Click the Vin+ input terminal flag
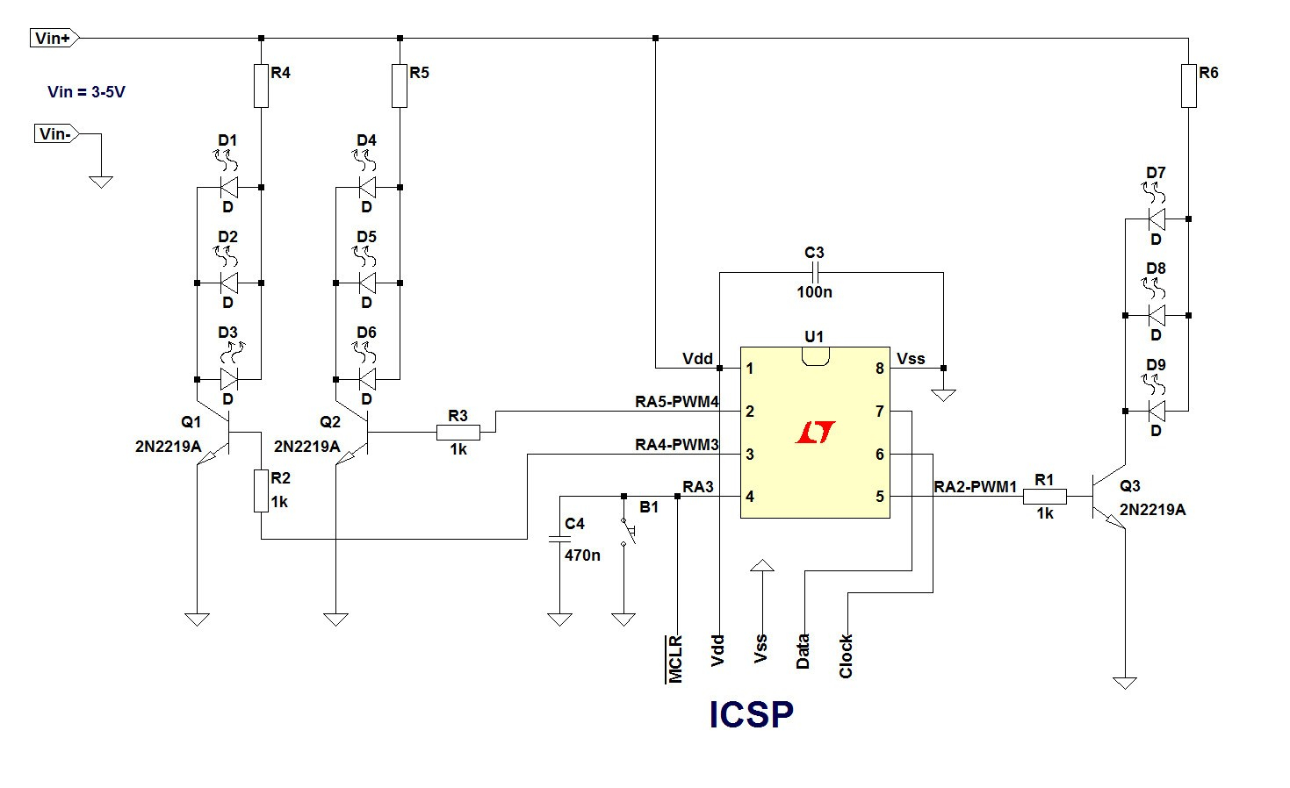(x=54, y=38)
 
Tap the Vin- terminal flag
(x=56, y=133)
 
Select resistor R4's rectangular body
(x=262, y=86)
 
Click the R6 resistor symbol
(x=1189, y=86)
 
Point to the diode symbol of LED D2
(x=229, y=283)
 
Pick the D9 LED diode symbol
(x=1157, y=411)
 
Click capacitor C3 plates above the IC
(x=815, y=272)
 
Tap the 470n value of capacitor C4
(x=582, y=555)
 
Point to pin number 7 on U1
(x=879, y=412)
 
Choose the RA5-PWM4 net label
(x=677, y=402)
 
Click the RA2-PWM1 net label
(x=975, y=487)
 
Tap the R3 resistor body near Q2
(x=458, y=433)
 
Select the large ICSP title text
(x=752, y=715)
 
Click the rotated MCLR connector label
(x=675, y=659)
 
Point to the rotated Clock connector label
(x=846, y=656)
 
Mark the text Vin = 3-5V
(x=86, y=92)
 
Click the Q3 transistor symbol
(x=1108, y=496)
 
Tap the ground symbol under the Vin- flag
(x=101, y=182)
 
